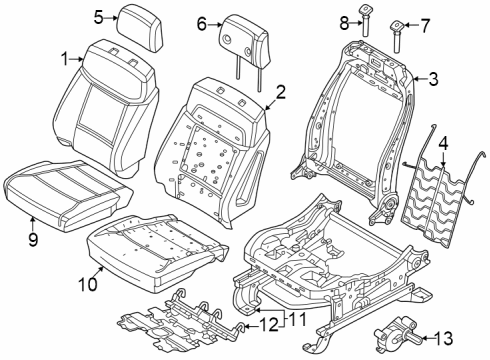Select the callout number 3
coord(433,77)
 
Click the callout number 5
coord(99,16)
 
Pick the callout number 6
coord(201,23)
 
